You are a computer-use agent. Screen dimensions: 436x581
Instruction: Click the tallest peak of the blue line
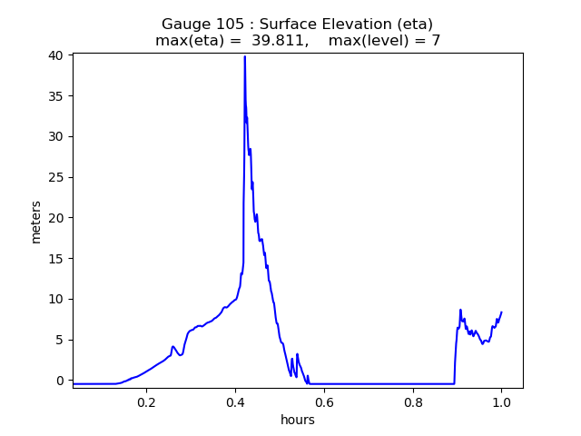click(x=244, y=56)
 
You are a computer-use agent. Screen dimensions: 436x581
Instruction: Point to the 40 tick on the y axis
click(x=57, y=55)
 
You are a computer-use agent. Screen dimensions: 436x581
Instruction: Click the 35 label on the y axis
click(x=57, y=96)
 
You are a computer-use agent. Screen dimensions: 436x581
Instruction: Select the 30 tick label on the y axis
click(x=57, y=136)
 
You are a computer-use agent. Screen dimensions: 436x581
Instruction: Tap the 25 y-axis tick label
click(x=57, y=177)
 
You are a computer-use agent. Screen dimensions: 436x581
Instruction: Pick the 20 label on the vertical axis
click(x=57, y=218)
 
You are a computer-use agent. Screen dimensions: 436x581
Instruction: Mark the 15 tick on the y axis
click(x=57, y=258)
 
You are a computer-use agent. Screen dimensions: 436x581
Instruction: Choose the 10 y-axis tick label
click(x=57, y=299)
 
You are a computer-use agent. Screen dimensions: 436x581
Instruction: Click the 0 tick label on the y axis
click(x=61, y=381)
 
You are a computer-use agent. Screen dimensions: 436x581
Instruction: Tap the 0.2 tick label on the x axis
click(x=146, y=402)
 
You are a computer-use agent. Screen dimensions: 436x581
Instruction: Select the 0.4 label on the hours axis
click(x=235, y=402)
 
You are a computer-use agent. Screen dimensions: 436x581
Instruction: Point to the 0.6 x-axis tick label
click(x=324, y=402)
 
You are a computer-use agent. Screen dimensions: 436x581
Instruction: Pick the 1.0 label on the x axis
click(x=501, y=402)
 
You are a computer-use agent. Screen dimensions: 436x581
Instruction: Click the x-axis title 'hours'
click(x=298, y=420)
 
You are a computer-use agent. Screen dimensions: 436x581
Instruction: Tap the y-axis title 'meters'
click(x=36, y=221)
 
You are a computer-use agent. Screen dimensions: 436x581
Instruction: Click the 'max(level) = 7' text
click(x=384, y=41)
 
